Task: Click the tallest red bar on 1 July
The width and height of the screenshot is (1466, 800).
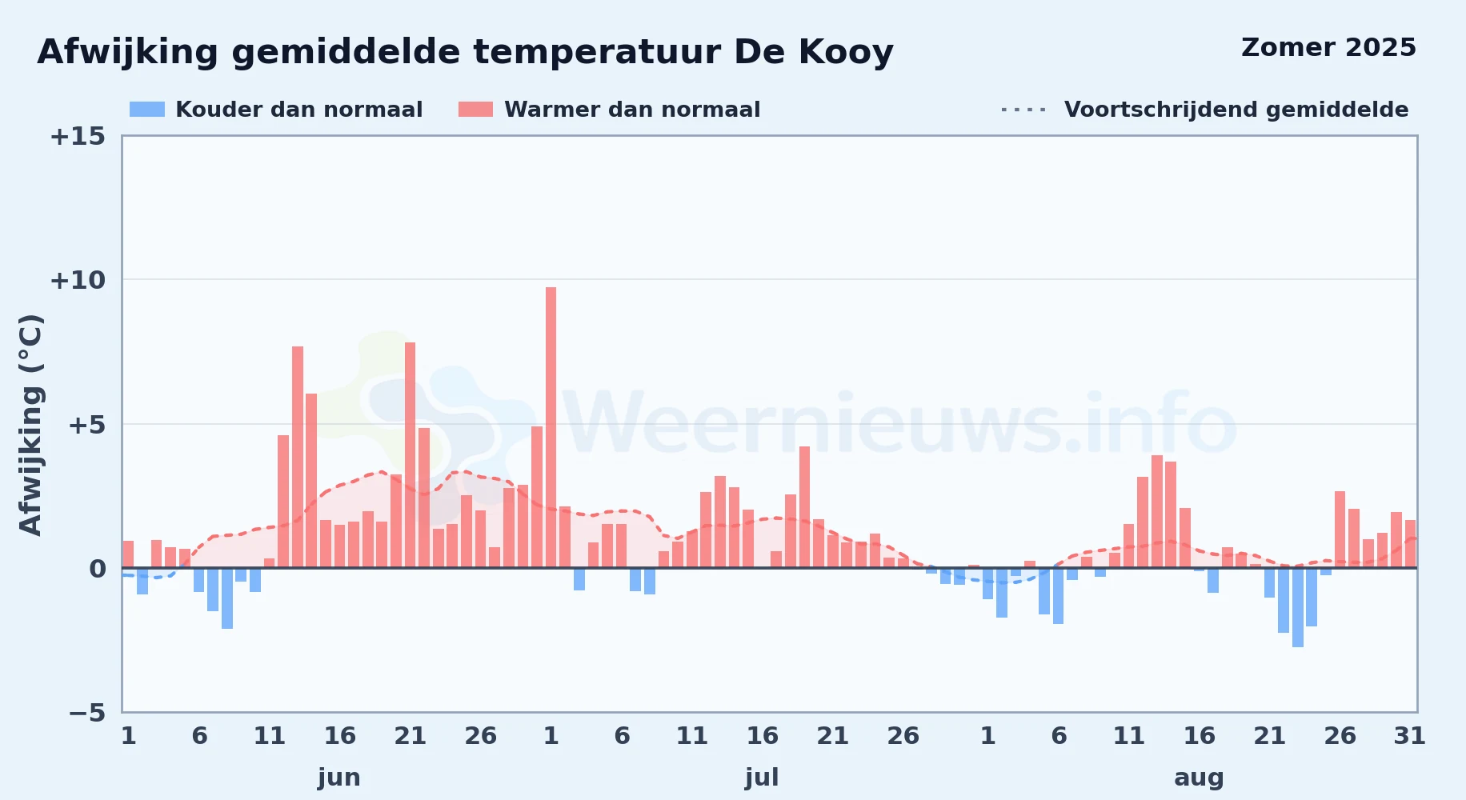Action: point(551,427)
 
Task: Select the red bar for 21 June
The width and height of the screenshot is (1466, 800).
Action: point(410,455)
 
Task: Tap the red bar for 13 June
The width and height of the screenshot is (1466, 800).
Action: point(298,457)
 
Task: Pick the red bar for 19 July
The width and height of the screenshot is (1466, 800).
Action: point(804,507)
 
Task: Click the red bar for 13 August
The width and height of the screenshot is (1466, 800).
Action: point(1157,511)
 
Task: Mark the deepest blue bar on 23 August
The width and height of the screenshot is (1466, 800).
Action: point(1298,607)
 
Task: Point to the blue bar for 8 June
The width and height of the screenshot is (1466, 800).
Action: point(227,598)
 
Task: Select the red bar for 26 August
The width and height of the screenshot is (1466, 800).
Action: point(1340,530)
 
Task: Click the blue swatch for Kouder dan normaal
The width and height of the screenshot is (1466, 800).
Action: point(147,110)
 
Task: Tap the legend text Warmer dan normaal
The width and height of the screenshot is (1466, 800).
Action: point(632,110)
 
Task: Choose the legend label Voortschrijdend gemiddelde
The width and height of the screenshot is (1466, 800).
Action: point(1236,110)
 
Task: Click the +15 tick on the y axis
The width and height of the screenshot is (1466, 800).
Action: point(78,136)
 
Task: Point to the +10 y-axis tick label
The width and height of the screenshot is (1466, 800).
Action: point(78,280)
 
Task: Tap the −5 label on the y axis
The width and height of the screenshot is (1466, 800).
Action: point(87,712)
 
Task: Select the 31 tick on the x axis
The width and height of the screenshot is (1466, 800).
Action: point(1410,735)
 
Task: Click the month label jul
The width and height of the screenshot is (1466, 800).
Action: point(762,778)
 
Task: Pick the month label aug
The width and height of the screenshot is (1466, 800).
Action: point(1199,778)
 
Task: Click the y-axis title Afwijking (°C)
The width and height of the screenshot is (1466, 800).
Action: point(30,425)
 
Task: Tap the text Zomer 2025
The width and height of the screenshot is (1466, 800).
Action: point(1328,47)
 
